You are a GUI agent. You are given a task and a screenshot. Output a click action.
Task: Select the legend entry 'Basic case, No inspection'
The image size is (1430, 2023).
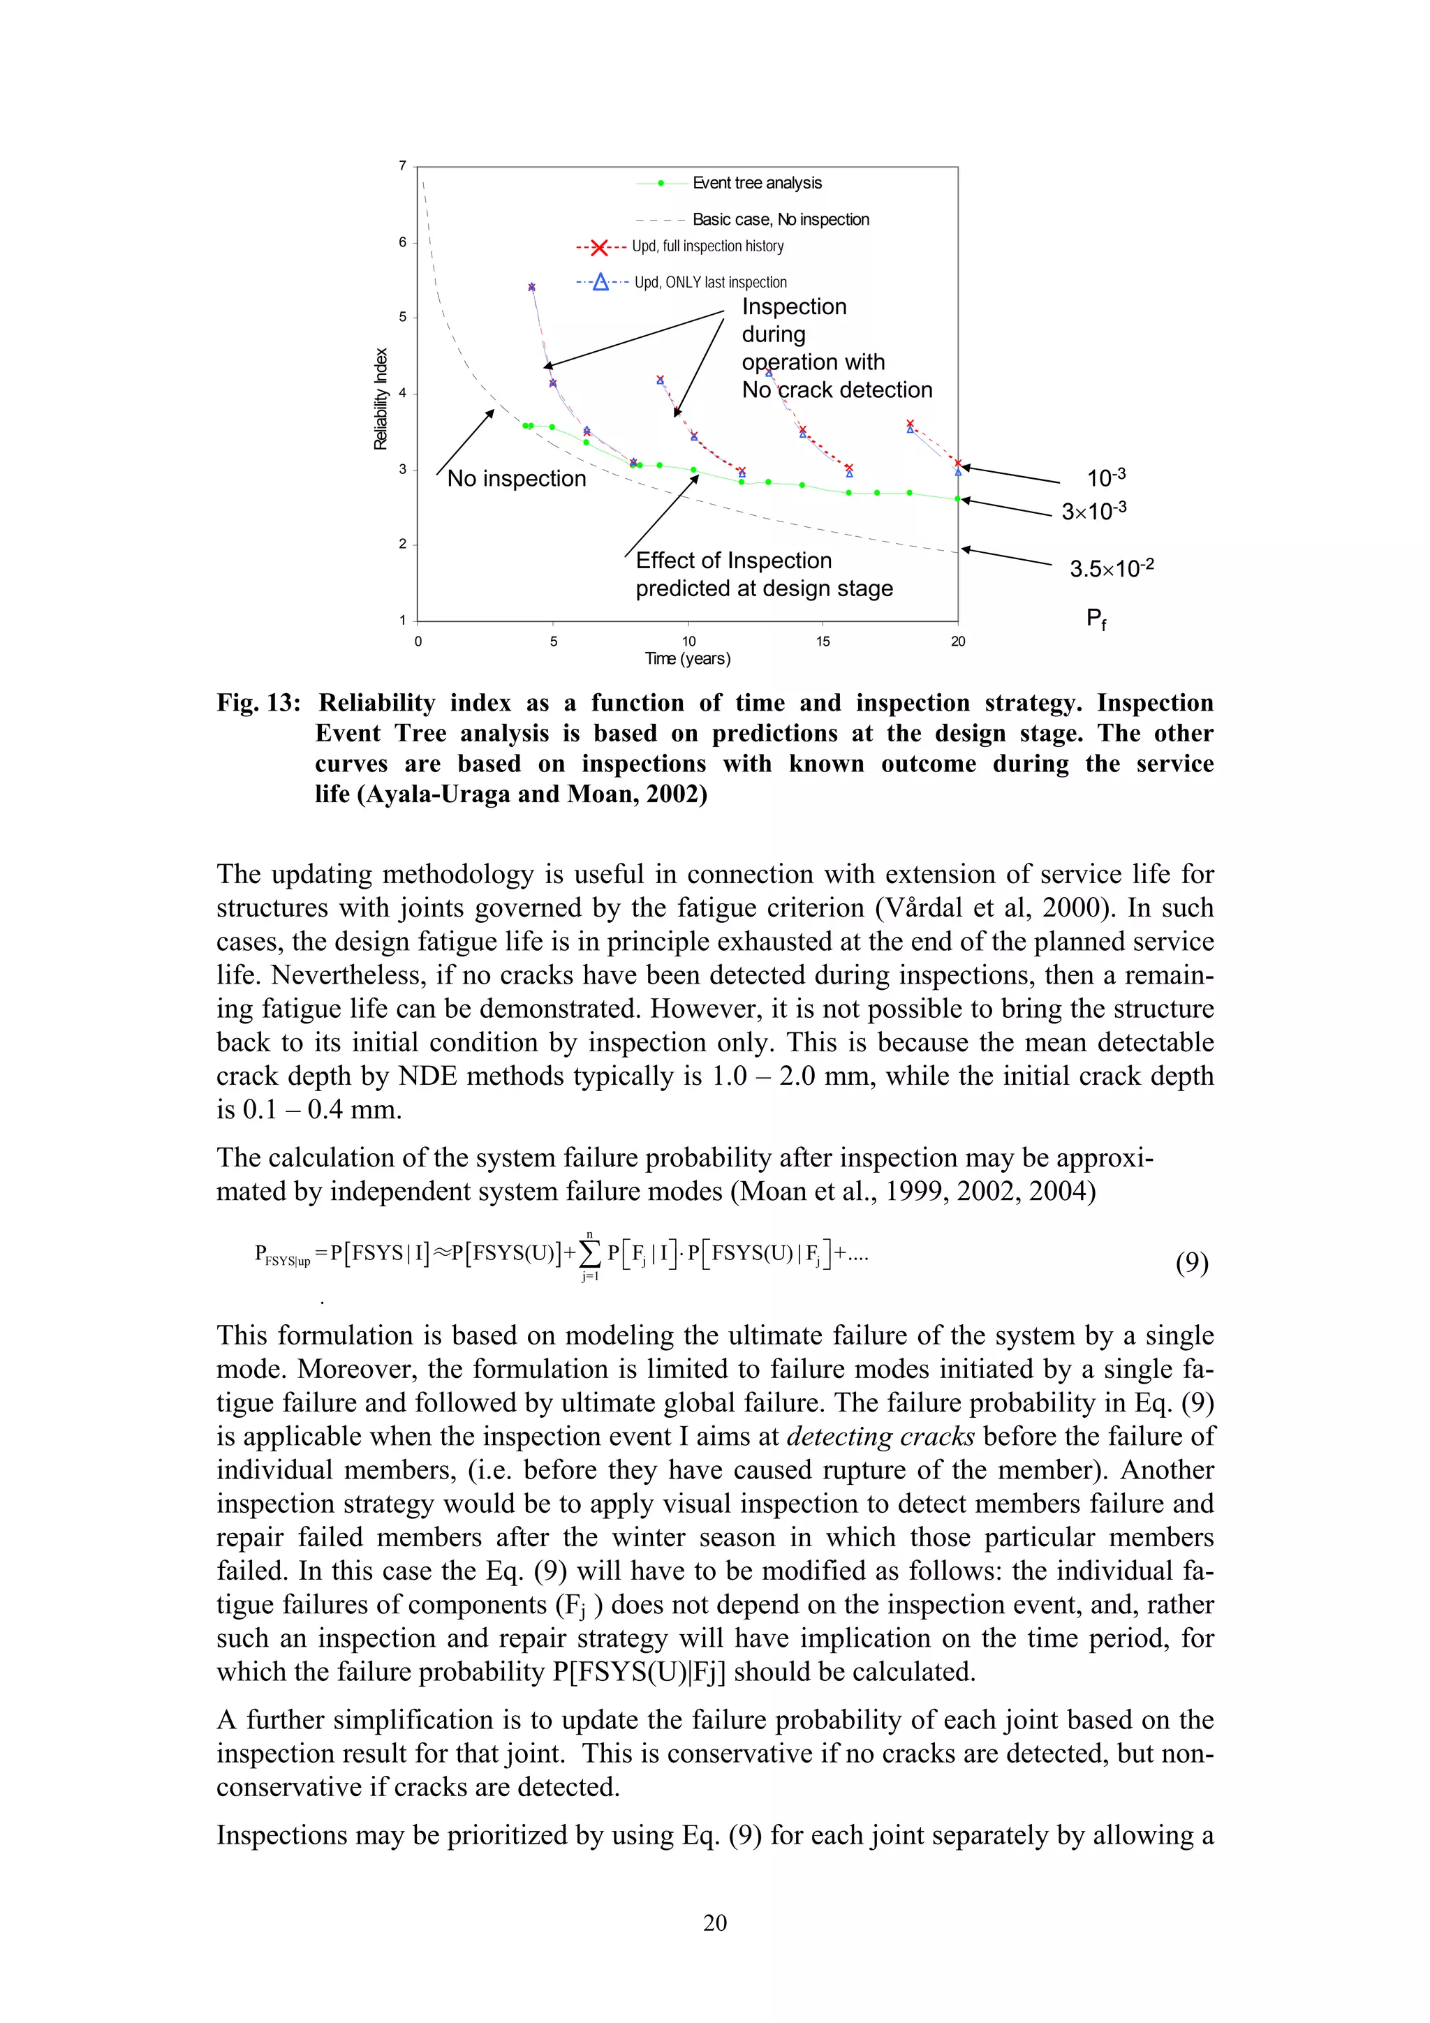point(780,219)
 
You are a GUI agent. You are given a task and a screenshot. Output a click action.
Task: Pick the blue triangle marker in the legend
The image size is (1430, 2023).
point(600,282)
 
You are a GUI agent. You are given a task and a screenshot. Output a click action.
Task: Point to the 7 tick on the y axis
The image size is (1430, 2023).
point(403,165)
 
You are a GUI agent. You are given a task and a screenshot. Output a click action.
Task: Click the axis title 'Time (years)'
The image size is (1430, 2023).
point(687,659)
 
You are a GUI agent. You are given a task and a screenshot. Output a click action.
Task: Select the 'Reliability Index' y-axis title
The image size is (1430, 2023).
point(381,399)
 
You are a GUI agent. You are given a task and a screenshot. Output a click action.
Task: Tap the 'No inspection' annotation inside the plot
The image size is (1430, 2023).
point(516,478)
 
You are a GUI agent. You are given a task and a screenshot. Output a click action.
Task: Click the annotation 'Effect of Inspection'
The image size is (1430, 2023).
point(733,561)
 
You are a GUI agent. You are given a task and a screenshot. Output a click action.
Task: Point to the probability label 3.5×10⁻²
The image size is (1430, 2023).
point(1111,568)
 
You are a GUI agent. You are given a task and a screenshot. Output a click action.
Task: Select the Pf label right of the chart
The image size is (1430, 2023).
point(1095,618)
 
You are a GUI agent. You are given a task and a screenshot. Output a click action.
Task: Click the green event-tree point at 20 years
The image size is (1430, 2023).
point(958,498)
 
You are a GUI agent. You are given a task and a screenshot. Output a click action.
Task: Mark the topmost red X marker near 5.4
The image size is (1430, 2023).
point(531,287)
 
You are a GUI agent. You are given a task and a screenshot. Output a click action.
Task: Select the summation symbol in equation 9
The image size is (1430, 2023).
point(589,1254)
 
